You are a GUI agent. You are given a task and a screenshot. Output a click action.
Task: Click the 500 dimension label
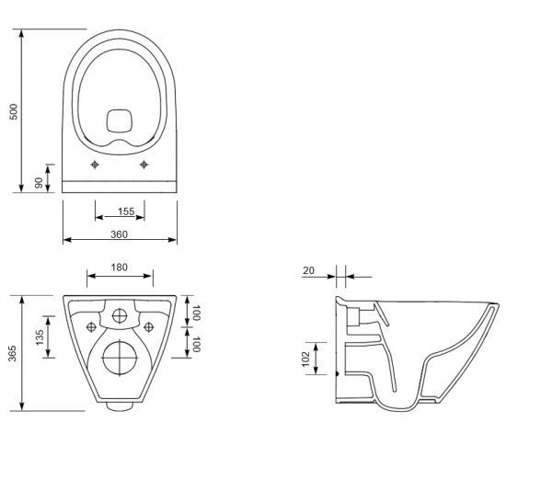pyautogui.click(x=14, y=111)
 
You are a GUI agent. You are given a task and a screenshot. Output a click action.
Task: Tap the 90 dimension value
pyautogui.click(x=39, y=183)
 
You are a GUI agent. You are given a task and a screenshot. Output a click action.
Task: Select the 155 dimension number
pyautogui.click(x=126, y=211)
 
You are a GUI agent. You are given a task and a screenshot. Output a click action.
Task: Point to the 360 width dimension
pyautogui.click(x=119, y=234)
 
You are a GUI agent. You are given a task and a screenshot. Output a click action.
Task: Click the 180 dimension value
pyautogui.click(x=119, y=268)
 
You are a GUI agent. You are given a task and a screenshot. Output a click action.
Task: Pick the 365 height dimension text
pyautogui.click(x=12, y=353)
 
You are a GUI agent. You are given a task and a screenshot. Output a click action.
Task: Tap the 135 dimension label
pyautogui.click(x=40, y=337)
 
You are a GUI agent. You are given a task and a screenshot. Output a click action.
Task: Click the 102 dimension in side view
pyautogui.click(x=305, y=359)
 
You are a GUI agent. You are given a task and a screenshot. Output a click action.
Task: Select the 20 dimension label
pyautogui.click(x=308, y=270)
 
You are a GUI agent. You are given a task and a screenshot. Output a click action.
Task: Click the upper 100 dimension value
pyautogui.click(x=196, y=313)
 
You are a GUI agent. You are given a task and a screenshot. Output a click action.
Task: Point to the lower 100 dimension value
pyautogui.click(x=196, y=344)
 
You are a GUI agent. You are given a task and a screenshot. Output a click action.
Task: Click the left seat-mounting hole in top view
pyautogui.click(x=95, y=165)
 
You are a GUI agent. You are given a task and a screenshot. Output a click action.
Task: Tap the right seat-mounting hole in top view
pyautogui.click(x=144, y=165)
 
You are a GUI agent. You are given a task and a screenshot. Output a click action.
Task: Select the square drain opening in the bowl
pyautogui.click(x=120, y=121)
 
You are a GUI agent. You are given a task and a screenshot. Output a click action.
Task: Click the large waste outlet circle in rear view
pyautogui.click(x=120, y=358)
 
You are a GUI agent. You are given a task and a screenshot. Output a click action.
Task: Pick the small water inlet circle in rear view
pyautogui.click(x=120, y=316)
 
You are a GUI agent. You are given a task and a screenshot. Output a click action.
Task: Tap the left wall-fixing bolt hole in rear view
pyautogui.click(x=91, y=327)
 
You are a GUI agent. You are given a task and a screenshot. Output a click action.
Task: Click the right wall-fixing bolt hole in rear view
pyautogui.click(x=149, y=327)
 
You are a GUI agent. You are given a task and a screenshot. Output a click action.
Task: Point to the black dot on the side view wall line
pyautogui.click(x=338, y=374)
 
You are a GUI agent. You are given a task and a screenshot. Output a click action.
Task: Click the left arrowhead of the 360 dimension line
pyautogui.click(x=63, y=240)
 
